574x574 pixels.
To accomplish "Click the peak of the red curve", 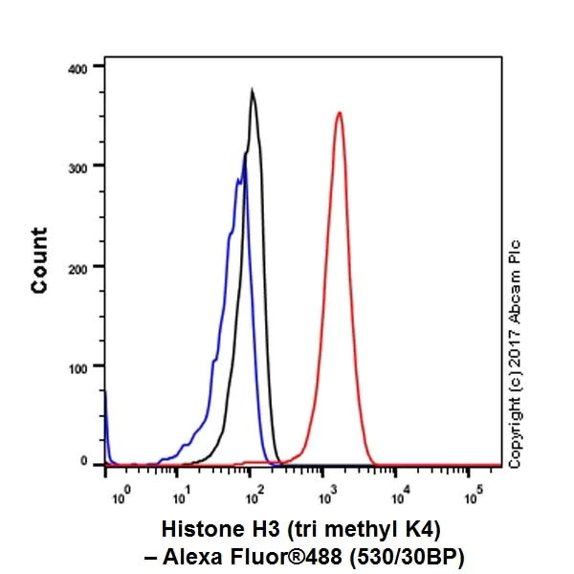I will click(x=339, y=113).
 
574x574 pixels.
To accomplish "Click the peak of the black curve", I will click(x=252, y=91).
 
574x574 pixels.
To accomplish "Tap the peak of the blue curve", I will click(x=244, y=158).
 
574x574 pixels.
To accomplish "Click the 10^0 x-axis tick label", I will click(x=120, y=497).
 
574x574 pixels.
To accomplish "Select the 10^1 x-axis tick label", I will click(x=180, y=497).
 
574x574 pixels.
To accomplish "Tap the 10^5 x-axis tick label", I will click(x=472, y=497).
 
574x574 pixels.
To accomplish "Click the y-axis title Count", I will click(x=39, y=260).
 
